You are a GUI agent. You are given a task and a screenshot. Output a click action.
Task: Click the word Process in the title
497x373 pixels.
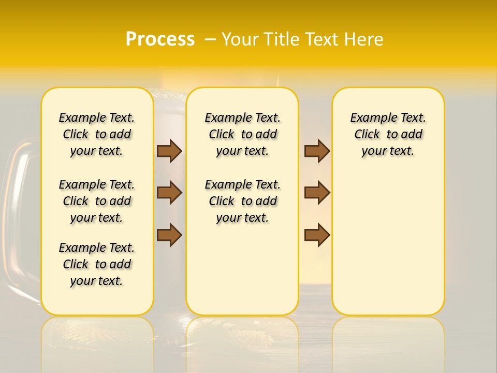[x=160, y=39]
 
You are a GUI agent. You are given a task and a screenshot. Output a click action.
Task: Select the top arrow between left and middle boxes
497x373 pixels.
[x=169, y=151]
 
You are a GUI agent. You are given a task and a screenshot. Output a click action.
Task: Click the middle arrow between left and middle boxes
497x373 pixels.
[x=169, y=193]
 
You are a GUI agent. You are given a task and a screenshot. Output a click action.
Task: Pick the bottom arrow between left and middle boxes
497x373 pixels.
[x=169, y=235]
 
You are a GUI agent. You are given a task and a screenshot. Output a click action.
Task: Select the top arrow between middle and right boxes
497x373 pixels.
[x=317, y=151]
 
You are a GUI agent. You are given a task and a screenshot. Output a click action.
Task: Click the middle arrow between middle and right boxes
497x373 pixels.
[x=317, y=193]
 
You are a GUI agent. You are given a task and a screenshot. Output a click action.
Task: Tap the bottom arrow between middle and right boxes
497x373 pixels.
[x=317, y=235]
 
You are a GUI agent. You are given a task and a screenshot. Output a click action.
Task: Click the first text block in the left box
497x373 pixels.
[x=97, y=134]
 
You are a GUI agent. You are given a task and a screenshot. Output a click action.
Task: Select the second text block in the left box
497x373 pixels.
[x=97, y=201]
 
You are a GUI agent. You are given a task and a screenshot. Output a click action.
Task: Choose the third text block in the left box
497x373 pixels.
[x=97, y=264]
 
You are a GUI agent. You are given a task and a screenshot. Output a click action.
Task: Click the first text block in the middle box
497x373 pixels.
[x=242, y=134]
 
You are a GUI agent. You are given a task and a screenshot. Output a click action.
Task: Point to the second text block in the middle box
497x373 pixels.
[x=242, y=201]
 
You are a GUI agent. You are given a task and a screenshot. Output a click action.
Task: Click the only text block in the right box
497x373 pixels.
[x=388, y=134]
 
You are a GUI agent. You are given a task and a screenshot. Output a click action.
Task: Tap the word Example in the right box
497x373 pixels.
[x=369, y=118]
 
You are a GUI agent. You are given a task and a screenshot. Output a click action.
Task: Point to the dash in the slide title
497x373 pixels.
[x=210, y=39]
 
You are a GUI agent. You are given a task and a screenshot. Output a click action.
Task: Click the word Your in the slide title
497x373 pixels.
[x=241, y=39]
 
